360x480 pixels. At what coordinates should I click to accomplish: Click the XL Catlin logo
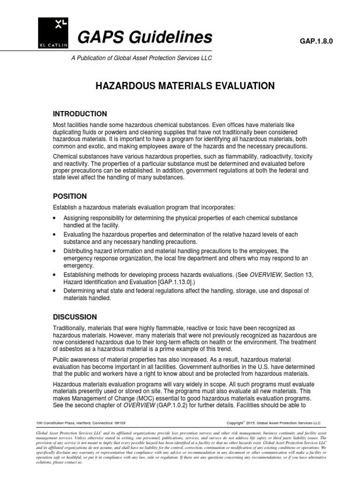pos(52,32)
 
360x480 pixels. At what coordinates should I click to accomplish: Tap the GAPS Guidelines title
pos(138,37)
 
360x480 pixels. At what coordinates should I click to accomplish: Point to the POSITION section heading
pos(69,196)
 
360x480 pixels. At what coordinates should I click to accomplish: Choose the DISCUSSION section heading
pos(75,317)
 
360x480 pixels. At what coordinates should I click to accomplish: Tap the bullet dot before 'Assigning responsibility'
pos(55,219)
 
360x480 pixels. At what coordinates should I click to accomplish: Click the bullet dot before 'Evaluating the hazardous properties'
pos(55,234)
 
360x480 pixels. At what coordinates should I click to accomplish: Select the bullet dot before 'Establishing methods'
pos(55,273)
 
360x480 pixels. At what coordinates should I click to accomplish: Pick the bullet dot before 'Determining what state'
pos(55,291)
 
